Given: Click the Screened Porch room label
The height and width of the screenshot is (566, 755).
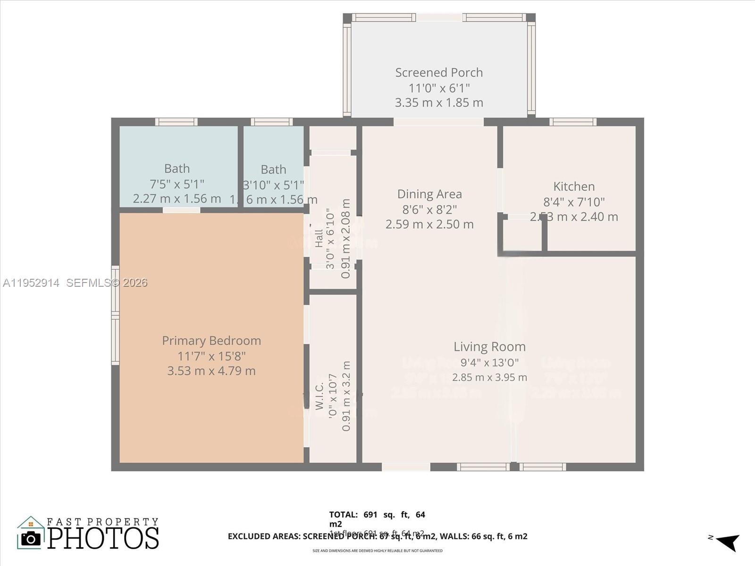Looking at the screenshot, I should pyautogui.click(x=439, y=73).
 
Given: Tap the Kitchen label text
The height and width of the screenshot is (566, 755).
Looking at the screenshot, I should pyautogui.click(x=574, y=186).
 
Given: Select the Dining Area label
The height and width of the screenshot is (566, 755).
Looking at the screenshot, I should pyautogui.click(x=429, y=194).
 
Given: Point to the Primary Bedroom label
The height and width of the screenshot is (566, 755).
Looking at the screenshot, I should pyautogui.click(x=211, y=341).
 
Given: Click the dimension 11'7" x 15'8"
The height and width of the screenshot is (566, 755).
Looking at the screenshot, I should pyautogui.click(x=211, y=356).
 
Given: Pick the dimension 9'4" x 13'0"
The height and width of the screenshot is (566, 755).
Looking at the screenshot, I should pyautogui.click(x=489, y=362).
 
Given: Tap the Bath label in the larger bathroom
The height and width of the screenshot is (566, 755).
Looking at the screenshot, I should pyautogui.click(x=177, y=168).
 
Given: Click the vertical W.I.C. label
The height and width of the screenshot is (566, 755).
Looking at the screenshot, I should pyautogui.click(x=319, y=396).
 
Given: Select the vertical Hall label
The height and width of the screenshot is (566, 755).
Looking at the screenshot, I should pyautogui.click(x=319, y=238).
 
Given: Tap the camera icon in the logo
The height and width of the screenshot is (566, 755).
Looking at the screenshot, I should pyautogui.click(x=31, y=538).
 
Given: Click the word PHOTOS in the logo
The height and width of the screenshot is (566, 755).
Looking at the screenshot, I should pyautogui.click(x=103, y=538).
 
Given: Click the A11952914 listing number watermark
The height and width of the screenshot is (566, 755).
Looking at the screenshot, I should pyautogui.click(x=31, y=283).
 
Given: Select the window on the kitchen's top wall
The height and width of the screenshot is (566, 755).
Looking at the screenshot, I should pyautogui.click(x=573, y=122).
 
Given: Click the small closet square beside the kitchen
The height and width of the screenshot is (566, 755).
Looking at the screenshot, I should pyautogui.click(x=522, y=234).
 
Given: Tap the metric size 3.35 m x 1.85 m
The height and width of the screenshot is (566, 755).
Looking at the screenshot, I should pyautogui.click(x=439, y=102).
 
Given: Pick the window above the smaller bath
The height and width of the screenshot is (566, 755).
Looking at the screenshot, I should pyautogui.click(x=271, y=122).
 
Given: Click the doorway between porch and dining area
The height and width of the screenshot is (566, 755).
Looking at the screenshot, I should pyautogui.click(x=438, y=122).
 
